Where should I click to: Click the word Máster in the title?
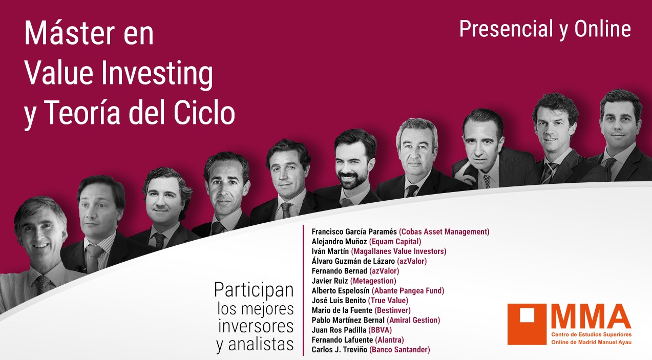[x=69, y=33]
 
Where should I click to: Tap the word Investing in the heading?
[x=157, y=74]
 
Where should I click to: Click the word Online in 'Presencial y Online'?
[x=602, y=29]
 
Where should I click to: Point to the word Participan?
[x=254, y=290]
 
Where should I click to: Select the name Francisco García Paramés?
[x=354, y=232]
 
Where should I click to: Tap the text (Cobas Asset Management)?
[x=444, y=232]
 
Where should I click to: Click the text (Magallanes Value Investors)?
[x=399, y=251]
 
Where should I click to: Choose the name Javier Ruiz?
[x=330, y=281]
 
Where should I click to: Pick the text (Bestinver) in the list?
[x=392, y=310]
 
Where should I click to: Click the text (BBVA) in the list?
[x=380, y=330]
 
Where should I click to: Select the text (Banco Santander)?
[x=399, y=350]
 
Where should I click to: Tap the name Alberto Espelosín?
[x=341, y=291]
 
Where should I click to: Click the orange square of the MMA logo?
[x=527, y=324]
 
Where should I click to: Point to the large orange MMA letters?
[x=591, y=316]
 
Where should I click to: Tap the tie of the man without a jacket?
[x=43, y=284]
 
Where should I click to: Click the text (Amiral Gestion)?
[x=413, y=321]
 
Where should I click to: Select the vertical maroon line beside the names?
[x=303, y=290]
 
